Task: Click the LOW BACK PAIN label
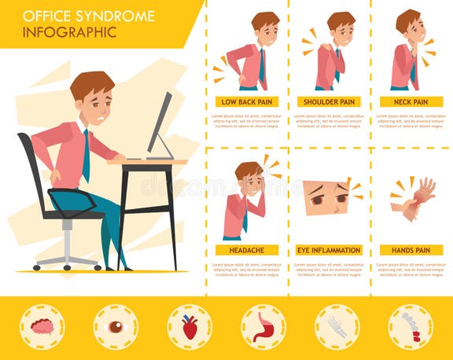(x=247, y=102)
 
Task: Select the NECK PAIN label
(x=411, y=102)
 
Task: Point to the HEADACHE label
(x=247, y=250)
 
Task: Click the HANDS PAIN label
(x=411, y=250)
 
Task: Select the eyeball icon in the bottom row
(x=116, y=327)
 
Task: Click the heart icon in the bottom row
(x=189, y=327)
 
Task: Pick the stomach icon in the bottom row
(x=263, y=327)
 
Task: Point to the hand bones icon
(x=337, y=327)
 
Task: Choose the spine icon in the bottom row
(x=411, y=327)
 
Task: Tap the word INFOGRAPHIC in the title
(x=69, y=33)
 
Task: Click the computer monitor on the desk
(x=160, y=126)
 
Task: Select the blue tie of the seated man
(x=85, y=154)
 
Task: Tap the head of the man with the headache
(x=249, y=177)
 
